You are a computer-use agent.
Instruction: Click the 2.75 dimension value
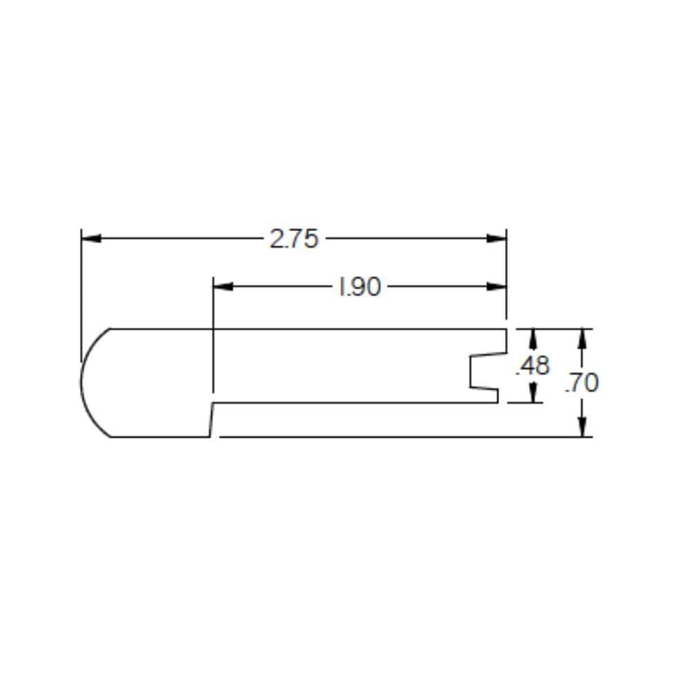click(x=294, y=239)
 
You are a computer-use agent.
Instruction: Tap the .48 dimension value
click(x=533, y=366)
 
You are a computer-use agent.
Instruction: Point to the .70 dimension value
click(x=582, y=383)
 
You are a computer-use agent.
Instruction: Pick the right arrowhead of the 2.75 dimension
click(x=496, y=239)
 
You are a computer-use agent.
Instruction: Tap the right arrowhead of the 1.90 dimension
click(x=496, y=286)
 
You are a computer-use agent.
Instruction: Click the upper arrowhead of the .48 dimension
click(x=533, y=338)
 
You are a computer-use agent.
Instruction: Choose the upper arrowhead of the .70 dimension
click(x=583, y=338)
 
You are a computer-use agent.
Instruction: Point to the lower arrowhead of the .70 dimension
click(x=583, y=427)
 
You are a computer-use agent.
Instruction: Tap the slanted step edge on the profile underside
click(x=211, y=420)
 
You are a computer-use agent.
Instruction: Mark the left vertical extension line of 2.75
click(x=81, y=290)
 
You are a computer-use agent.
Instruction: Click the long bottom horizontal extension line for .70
click(x=400, y=437)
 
